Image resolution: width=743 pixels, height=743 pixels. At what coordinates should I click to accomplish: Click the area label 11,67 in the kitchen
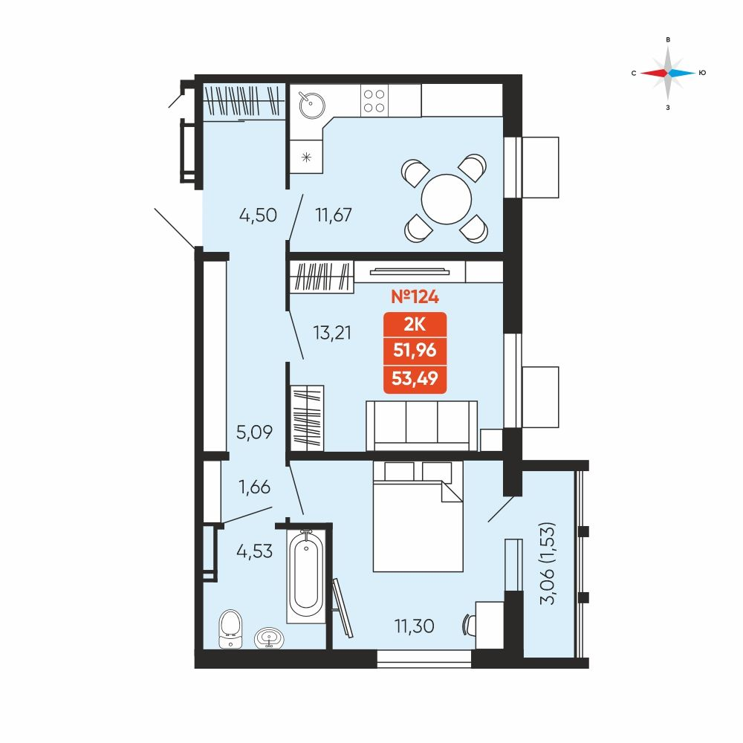pyautogui.click(x=334, y=215)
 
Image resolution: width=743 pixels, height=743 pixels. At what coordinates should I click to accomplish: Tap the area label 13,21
pyautogui.click(x=332, y=333)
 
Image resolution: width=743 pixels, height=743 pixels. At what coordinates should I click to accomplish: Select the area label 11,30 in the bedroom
pyautogui.click(x=414, y=626)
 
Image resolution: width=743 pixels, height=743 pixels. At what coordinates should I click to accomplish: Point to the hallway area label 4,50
pyautogui.click(x=258, y=215)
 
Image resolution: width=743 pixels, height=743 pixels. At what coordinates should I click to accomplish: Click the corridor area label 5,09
pyautogui.click(x=254, y=432)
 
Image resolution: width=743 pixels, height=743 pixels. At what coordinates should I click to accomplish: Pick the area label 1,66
pyautogui.click(x=254, y=487)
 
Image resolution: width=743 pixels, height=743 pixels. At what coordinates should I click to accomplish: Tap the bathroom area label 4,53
pyautogui.click(x=254, y=551)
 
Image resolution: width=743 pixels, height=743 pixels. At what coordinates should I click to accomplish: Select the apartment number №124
pyautogui.click(x=415, y=296)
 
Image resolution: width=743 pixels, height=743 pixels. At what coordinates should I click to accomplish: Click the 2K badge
pyautogui.click(x=415, y=325)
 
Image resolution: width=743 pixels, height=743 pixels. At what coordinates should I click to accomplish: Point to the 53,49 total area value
pyautogui.click(x=415, y=379)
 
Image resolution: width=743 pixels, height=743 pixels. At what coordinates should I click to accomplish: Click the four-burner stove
pyautogui.click(x=374, y=100)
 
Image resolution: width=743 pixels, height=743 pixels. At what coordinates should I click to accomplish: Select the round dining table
pyautogui.click(x=447, y=199)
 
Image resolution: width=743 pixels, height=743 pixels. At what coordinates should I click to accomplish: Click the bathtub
pyautogui.click(x=306, y=575)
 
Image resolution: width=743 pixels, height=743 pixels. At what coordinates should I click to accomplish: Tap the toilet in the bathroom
pyautogui.click(x=231, y=629)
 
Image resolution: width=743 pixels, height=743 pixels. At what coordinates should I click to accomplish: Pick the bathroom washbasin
pyautogui.click(x=270, y=637)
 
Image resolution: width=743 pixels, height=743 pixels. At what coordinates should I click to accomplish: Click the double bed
pyautogui.click(x=418, y=516)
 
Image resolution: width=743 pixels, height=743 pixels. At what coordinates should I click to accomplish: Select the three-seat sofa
pyautogui.click(x=422, y=426)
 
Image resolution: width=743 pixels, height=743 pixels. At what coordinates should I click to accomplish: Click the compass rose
pyautogui.click(x=668, y=73)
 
